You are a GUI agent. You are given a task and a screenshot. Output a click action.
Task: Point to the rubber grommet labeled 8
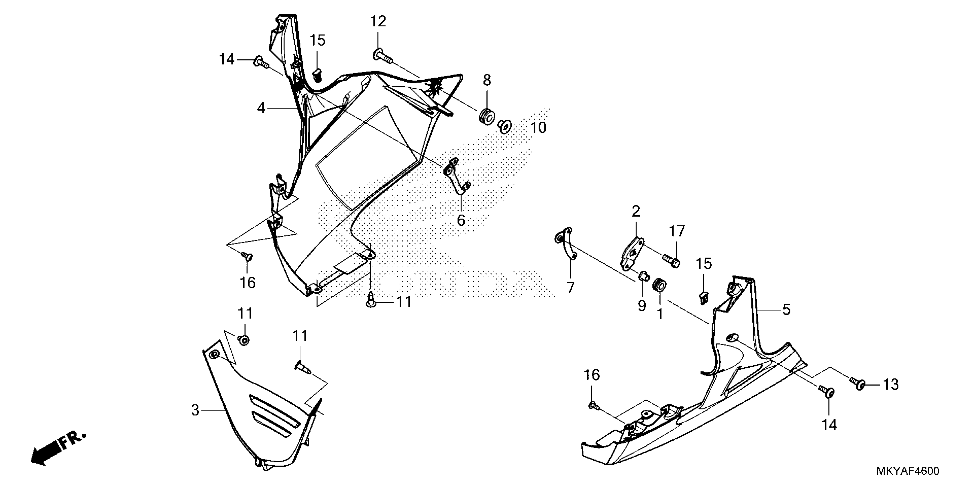(x=487, y=116)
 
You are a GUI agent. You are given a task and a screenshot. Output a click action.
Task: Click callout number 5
(x=786, y=309)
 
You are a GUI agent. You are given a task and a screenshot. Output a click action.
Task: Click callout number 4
(x=261, y=108)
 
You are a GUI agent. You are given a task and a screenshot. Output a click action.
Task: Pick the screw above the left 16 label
(x=248, y=257)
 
